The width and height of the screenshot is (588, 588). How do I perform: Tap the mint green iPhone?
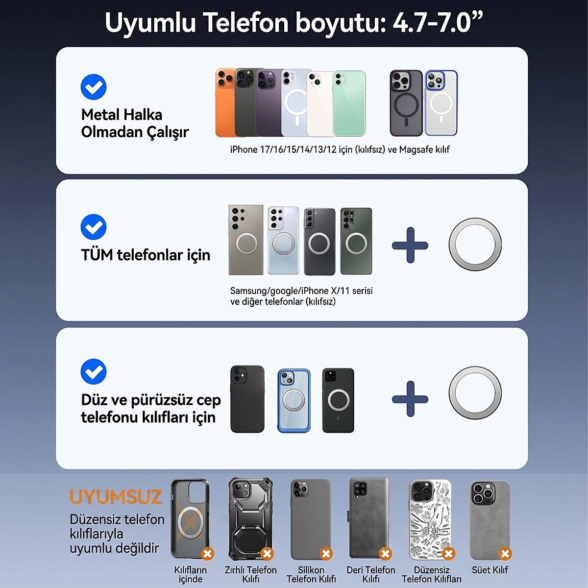coord(350,104)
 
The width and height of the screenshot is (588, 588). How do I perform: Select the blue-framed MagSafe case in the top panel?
coord(441,103)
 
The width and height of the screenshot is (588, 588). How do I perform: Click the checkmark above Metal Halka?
coord(94,87)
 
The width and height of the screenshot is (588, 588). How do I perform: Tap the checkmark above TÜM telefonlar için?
coord(94,227)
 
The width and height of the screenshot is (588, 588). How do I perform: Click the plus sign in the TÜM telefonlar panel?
coord(410,245)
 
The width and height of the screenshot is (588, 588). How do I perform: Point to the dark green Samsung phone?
coord(356,241)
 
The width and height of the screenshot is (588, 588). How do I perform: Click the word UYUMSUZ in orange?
coord(116,497)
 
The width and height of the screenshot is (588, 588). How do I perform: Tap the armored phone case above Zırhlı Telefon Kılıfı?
coord(250,519)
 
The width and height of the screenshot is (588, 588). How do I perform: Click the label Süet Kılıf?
coord(490,570)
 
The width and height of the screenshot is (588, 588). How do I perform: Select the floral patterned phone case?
coord(430,519)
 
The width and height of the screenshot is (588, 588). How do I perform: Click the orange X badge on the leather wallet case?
coord(385,554)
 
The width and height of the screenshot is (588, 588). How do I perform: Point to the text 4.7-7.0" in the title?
coord(438,23)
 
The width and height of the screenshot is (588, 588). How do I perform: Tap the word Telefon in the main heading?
coord(246,23)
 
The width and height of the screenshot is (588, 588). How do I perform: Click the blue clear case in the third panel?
coord(294,400)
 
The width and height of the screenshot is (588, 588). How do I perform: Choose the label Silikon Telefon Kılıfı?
coord(311,574)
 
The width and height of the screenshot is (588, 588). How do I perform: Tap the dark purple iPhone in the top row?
coord(269,103)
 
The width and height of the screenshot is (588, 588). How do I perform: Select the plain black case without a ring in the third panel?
coord(247,399)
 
